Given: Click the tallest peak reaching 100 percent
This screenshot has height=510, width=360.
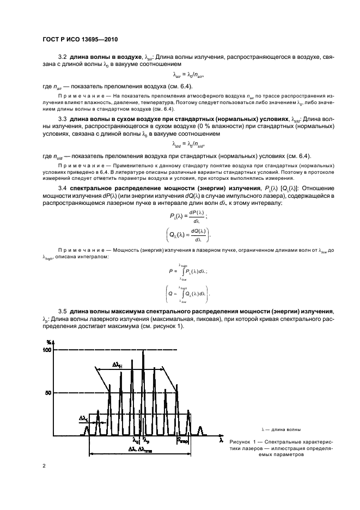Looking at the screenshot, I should click(x=143, y=354).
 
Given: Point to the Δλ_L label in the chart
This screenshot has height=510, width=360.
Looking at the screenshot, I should click(x=84, y=418).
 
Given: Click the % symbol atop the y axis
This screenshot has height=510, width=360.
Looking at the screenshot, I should click(x=50, y=342).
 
